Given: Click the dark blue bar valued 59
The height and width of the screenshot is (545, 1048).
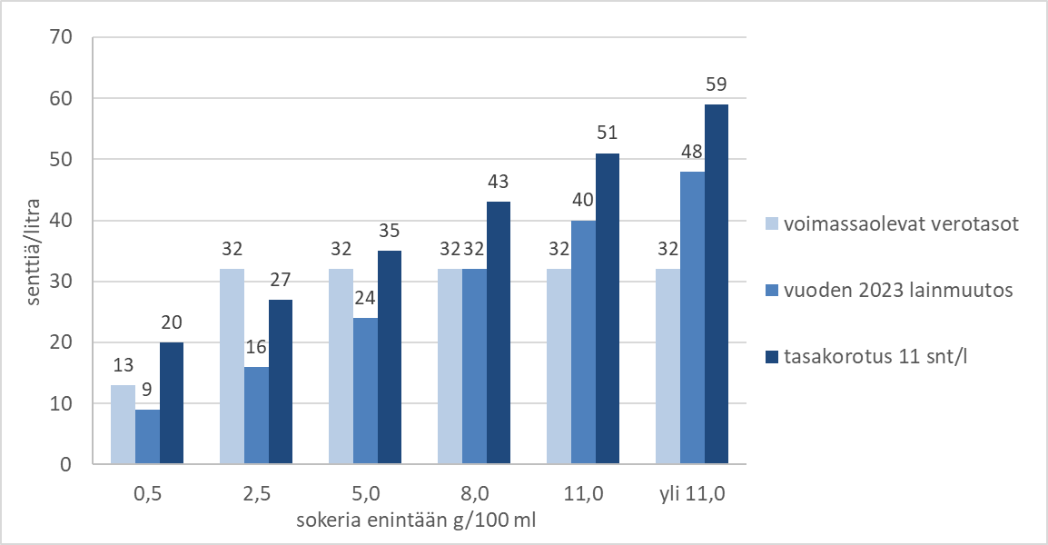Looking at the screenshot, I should point(716,284).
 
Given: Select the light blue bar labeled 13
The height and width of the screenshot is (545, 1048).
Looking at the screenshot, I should point(123,424).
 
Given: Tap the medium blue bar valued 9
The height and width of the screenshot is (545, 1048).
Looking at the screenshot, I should point(147,437).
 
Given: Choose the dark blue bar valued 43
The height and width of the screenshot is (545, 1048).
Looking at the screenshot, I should point(499,332).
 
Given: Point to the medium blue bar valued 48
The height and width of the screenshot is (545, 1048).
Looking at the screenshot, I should point(691,318).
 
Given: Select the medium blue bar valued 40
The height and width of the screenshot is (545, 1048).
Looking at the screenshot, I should point(582,342).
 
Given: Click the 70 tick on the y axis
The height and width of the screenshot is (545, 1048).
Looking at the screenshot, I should point(60,38).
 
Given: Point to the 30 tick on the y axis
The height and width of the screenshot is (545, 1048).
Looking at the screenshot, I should point(60,282).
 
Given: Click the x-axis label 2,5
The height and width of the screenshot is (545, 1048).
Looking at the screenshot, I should point(256,496).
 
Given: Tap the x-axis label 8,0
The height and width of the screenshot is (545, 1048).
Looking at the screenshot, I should point(474,496).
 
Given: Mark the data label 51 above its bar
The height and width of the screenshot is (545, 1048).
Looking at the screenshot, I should point(607,133).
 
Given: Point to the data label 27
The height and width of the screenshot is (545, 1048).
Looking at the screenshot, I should point(281,279).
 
